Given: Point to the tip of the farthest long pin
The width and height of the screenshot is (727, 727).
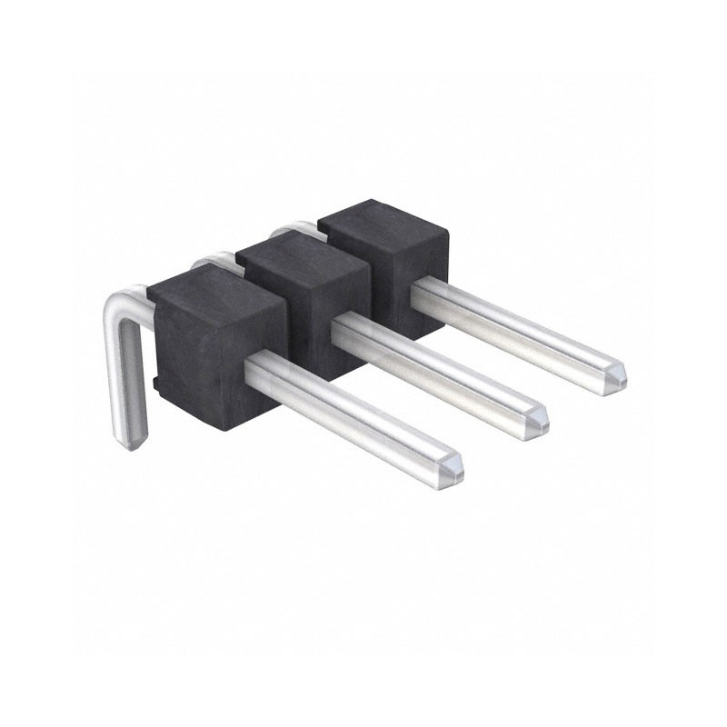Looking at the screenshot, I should pyautogui.click(x=618, y=373).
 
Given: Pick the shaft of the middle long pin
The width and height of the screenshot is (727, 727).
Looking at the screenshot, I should pyautogui.click(x=436, y=363).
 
